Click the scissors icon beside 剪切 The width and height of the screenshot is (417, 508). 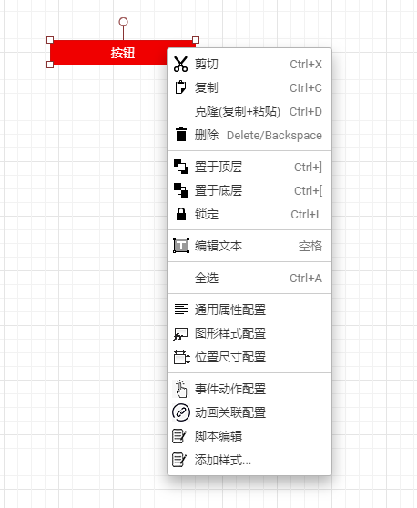[180, 64]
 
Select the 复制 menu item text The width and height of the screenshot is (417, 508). [207, 87]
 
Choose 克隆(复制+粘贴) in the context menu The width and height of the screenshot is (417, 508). [238, 111]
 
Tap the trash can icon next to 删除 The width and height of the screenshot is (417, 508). [181, 135]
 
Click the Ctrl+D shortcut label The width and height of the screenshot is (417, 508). [306, 112]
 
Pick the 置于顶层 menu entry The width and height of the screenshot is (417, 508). [219, 167]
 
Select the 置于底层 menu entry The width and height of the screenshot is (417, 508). [219, 190]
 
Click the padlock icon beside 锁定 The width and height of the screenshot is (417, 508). [181, 214]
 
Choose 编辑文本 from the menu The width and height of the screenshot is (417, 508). [219, 246]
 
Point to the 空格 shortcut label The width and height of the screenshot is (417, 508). [310, 246]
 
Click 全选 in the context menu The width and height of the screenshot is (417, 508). [207, 278]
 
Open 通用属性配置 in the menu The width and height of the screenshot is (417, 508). [230, 310]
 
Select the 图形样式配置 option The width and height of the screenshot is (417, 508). [230, 333]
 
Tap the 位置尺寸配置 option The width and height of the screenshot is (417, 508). [230, 357]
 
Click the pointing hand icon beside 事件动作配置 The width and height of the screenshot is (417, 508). [181, 389]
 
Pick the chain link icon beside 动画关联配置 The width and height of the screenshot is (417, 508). [181, 412]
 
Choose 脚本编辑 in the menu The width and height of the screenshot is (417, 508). [219, 436]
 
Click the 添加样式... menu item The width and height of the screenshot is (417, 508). [223, 460]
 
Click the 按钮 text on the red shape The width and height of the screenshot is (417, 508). [123, 53]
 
